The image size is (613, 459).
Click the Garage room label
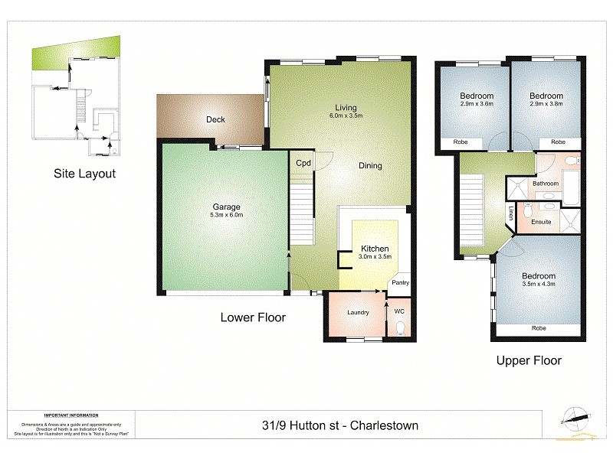[x=226, y=207]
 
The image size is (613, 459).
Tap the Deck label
[x=215, y=119]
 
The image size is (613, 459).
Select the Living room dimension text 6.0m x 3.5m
[x=346, y=116]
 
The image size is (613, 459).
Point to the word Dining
[x=370, y=166]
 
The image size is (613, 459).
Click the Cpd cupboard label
[x=303, y=162]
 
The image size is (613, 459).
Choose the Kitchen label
[x=375, y=249]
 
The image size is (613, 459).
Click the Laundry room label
[x=358, y=312]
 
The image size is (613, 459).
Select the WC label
[x=398, y=312]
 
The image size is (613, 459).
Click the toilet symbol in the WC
[x=401, y=329]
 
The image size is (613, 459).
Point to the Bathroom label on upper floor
[x=546, y=184]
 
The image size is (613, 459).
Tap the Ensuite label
[x=541, y=222]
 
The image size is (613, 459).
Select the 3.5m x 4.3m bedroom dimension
[x=539, y=284]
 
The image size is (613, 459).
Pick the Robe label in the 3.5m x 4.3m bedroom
[x=539, y=328]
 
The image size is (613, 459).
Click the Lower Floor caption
[x=253, y=317]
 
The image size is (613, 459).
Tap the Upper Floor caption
[x=529, y=360]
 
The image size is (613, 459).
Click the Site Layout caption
[x=84, y=174]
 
